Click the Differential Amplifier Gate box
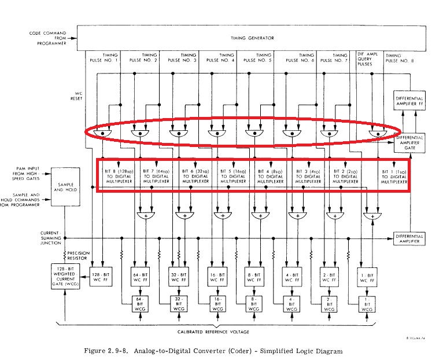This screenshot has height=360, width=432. (x=410, y=140)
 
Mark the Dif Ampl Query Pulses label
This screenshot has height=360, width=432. (x=368, y=58)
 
